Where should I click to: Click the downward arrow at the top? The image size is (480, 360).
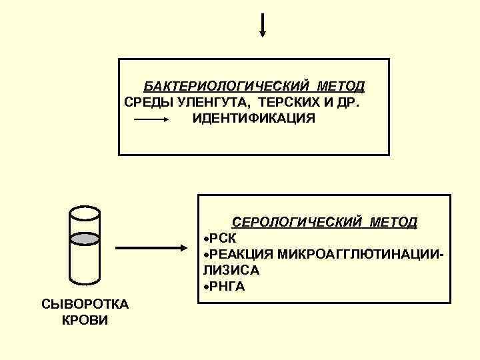click(263, 25)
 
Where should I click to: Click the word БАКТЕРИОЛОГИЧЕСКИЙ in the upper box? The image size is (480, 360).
click(227, 87)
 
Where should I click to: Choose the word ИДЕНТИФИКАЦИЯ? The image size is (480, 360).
click(253, 119)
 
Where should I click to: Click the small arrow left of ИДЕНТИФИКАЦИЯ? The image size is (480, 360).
click(153, 119)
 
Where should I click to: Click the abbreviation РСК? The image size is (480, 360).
click(223, 238)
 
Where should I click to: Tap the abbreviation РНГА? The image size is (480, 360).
click(227, 287)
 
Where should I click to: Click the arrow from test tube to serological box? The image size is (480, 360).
click(153, 248)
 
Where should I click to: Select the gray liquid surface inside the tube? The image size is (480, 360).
click(85, 237)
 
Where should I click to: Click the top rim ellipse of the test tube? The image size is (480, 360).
click(85, 212)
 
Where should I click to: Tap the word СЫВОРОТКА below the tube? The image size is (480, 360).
click(85, 305)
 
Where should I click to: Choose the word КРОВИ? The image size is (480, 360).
click(85, 320)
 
